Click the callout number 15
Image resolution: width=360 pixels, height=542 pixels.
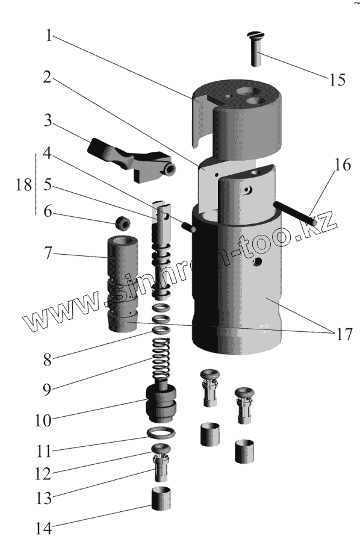click(x=337, y=80)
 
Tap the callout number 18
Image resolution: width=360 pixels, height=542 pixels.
click(x=24, y=185)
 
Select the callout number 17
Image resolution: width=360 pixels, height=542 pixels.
click(x=344, y=334)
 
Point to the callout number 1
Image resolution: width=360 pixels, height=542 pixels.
click(x=49, y=35)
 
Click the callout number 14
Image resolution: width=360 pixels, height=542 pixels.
click(x=44, y=529)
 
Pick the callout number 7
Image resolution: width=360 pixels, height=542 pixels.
click(x=48, y=254)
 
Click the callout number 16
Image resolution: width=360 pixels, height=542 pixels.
click(x=343, y=164)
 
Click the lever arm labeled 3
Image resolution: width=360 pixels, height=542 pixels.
click(x=131, y=160)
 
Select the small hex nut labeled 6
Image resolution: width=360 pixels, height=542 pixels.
click(x=123, y=223)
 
